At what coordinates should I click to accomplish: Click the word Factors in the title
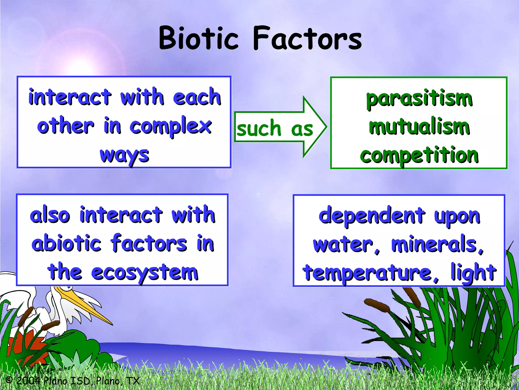pos(307,39)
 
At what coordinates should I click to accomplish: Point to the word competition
pos(419,155)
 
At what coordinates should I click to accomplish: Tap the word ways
pos(124,155)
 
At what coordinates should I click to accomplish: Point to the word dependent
pos(372,215)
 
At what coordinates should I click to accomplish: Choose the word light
pos(473,273)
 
